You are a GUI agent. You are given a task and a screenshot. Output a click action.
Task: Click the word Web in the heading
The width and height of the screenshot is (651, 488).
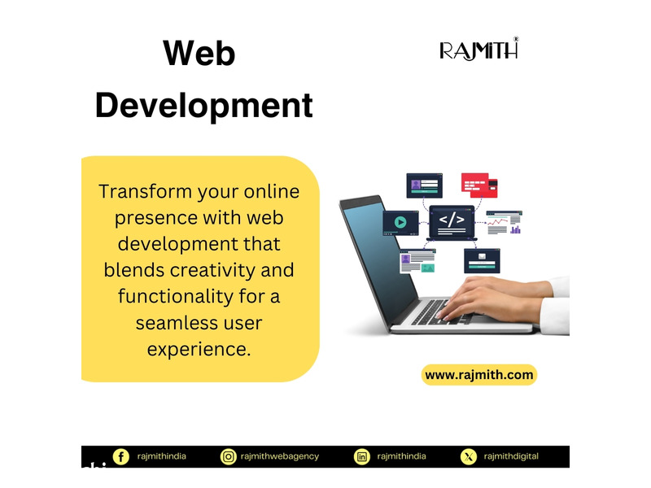point(199,53)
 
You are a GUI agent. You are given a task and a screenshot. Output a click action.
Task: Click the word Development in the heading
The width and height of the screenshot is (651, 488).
point(204,106)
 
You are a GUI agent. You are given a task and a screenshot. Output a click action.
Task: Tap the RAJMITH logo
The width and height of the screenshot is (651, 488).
point(478,49)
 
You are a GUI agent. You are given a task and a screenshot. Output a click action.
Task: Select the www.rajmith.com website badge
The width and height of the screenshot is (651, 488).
point(479,375)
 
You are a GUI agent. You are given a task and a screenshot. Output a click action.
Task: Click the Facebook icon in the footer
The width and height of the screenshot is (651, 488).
point(120,457)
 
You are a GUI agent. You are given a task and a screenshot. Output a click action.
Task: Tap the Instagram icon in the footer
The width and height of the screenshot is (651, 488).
point(229,457)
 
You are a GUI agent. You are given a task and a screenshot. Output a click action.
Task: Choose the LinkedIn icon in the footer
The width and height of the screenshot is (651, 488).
point(362,457)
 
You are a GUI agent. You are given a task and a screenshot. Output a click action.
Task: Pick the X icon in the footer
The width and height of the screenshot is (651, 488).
point(469,457)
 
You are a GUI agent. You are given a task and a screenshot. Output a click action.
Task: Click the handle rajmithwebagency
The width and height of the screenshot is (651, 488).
point(280,456)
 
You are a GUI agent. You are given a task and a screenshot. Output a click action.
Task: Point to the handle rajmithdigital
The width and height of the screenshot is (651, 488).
point(511,456)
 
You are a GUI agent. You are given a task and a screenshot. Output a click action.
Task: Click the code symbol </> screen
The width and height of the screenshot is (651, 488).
point(452,222)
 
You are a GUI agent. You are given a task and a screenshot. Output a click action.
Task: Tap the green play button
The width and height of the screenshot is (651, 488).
point(400,222)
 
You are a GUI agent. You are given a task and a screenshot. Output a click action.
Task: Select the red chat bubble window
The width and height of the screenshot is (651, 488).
point(479,185)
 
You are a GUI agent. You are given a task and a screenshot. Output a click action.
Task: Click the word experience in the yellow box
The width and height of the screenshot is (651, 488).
point(199,350)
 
